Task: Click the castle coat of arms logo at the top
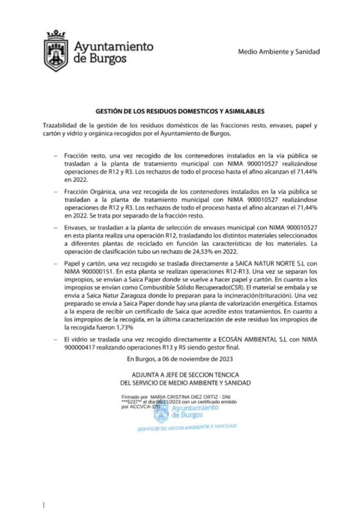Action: tap(53, 51)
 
